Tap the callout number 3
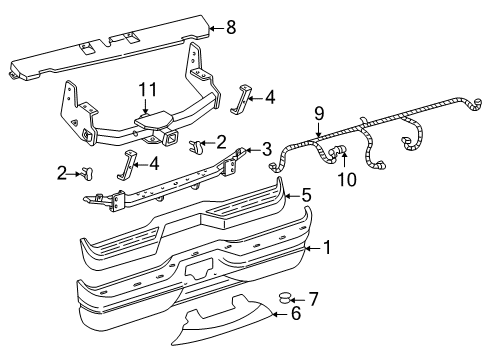[x=267, y=149]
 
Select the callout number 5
[x=307, y=195]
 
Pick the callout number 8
[x=231, y=28]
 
